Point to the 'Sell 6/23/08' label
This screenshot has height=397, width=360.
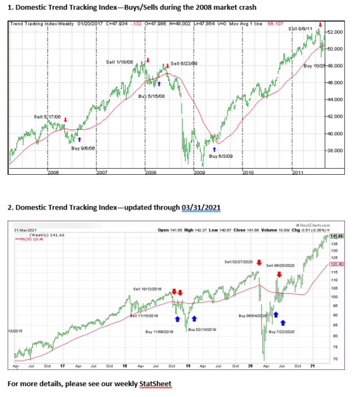coord(185,64)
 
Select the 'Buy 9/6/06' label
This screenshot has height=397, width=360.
coord(83,148)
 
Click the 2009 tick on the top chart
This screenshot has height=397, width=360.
coord(199,172)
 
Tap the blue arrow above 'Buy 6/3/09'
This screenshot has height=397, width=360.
coord(215,147)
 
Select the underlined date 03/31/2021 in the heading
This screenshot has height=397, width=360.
coord(201,207)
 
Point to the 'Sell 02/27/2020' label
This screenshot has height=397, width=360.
coord(239,262)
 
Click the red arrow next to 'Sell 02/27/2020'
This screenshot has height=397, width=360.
coord(259,262)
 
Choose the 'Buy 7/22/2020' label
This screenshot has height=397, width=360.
coord(283,332)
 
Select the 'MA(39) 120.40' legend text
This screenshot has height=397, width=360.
coord(30,238)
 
